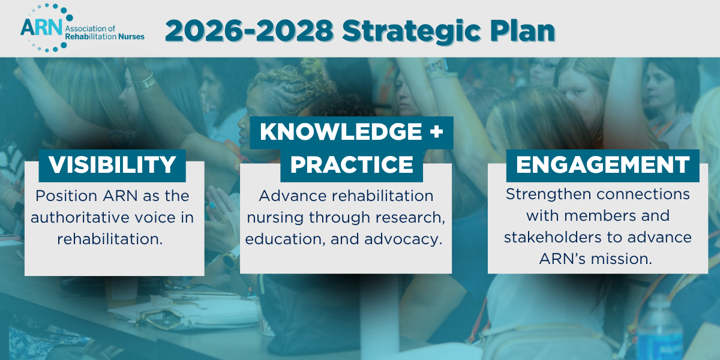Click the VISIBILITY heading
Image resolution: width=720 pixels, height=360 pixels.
coord(112,164)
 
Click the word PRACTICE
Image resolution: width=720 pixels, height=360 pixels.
coord(352,164)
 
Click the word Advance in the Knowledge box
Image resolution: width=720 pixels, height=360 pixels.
coord(286,196)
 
